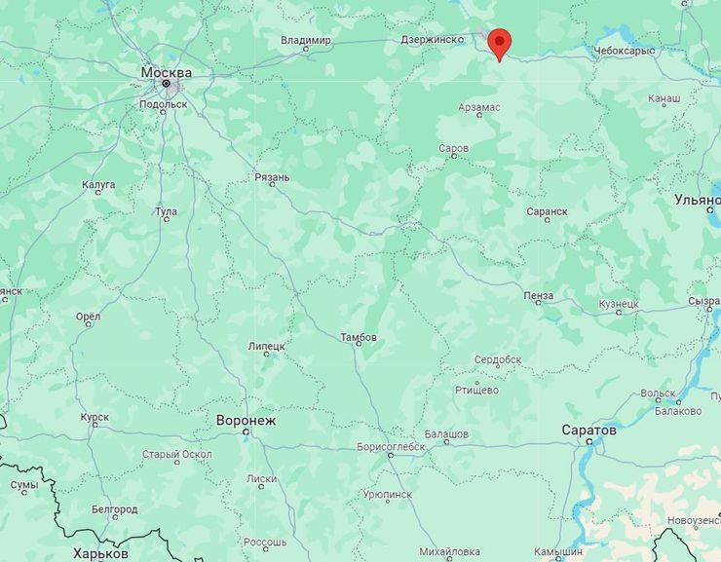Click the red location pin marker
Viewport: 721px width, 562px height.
click(x=499, y=42)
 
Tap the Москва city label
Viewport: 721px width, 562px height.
click(x=166, y=72)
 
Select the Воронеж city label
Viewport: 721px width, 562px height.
click(x=246, y=421)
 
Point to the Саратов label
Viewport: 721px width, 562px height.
click(x=588, y=430)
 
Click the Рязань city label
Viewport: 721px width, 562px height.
click(x=272, y=177)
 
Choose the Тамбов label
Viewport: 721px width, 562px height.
click(x=358, y=337)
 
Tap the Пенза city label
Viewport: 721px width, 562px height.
click(x=538, y=295)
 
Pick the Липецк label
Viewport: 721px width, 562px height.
click(x=266, y=346)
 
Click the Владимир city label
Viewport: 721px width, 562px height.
click(x=305, y=40)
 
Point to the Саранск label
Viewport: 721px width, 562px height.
click(x=546, y=210)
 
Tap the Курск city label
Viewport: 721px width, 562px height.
click(x=95, y=417)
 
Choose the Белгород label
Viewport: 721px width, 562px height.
click(x=114, y=508)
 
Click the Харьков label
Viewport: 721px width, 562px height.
click(x=100, y=552)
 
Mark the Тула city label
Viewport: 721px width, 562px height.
click(x=166, y=211)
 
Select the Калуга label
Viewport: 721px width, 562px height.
click(x=98, y=184)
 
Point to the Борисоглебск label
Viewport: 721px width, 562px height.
click(x=391, y=446)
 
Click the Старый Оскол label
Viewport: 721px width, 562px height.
click(x=176, y=454)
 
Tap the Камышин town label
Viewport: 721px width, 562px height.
click(x=559, y=552)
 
